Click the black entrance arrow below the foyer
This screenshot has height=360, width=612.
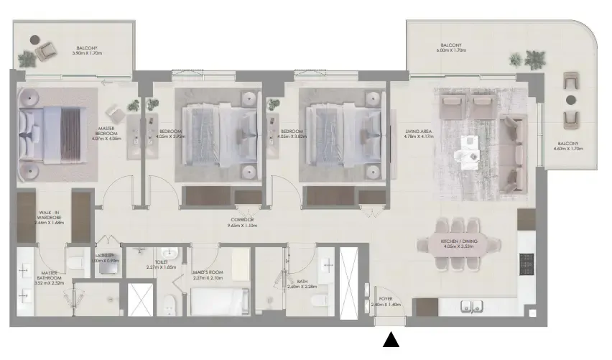pyautogui.click(x=391, y=340)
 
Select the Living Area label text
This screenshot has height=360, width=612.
pyautogui.click(x=417, y=134)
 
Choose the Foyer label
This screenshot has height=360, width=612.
pyautogui.click(x=386, y=301)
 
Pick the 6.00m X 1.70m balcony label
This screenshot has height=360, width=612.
pyautogui.click(x=453, y=48)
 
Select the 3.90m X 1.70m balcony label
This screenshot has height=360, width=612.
pyautogui.click(x=88, y=50)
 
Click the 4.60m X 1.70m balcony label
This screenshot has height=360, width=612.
pyautogui.click(x=567, y=146)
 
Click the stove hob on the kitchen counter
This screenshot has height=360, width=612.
pyautogui.click(x=527, y=264)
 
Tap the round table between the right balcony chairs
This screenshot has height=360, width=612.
pyautogui.click(x=571, y=99)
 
